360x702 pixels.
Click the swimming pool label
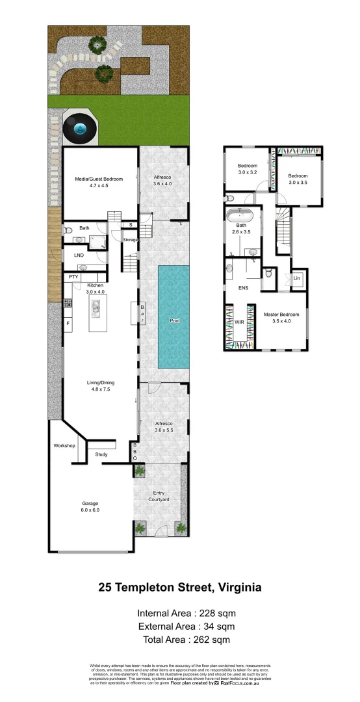click(174, 321)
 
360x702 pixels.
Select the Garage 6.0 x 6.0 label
click(90, 506)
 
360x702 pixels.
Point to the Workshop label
click(64, 446)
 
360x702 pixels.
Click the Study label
click(101, 454)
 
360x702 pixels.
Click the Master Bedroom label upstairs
click(281, 318)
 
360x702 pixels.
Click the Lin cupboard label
click(297, 278)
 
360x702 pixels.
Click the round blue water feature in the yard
click(80, 129)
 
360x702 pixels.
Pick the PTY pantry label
click(73, 278)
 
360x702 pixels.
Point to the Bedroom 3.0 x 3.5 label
click(298, 179)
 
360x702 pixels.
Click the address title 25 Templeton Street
click(180, 588)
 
